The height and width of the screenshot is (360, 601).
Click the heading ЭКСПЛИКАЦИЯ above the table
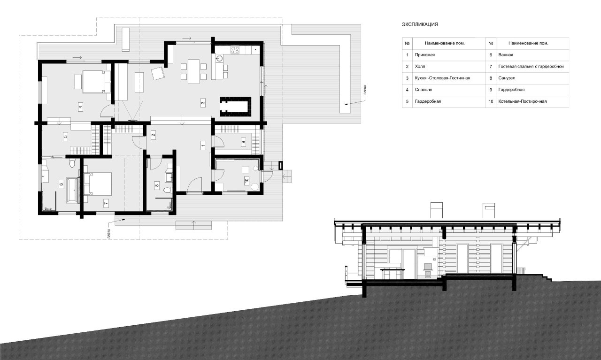(420, 24)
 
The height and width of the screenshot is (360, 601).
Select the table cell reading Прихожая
(425, 55)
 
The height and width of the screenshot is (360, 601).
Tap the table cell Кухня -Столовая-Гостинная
(442, 78)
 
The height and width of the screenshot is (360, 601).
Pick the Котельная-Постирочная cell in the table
(523, 101)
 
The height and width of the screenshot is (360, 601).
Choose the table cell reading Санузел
(507, 78)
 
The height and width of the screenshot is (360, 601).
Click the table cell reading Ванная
(506, 55)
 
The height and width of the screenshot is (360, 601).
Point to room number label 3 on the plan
(203, 102)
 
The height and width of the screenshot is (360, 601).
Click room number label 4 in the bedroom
(80, 107)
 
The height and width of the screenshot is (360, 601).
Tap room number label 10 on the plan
(247, 181)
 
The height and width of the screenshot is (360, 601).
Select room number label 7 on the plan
(106, 203)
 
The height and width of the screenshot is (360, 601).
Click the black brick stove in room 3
(235, 107)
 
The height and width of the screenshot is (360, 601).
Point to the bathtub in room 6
(72, 190)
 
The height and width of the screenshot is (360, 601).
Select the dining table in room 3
(193, 71)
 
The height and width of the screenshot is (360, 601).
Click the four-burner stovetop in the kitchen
(235, 50)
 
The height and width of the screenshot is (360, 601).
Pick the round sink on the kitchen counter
(220, 58)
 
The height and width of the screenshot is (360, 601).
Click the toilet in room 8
(168, 190)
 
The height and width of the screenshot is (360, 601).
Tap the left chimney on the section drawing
(437, 210)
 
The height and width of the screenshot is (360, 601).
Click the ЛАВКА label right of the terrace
(365, 90)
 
